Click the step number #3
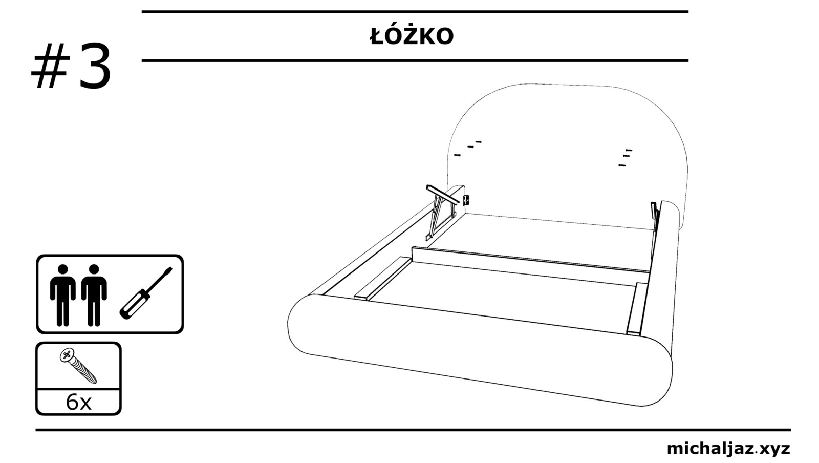click(72, 67)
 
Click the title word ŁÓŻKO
click(412, 36)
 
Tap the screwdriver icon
click(146, 293)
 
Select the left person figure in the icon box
click(62, 295)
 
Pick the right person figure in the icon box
click(94, 295)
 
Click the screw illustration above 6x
click(78, 366)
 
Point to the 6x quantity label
click(78, 403)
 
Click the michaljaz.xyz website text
click(728, 449)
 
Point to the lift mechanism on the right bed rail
click(655, 215)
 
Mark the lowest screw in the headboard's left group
click(457, 155)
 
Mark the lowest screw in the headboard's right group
click(622, 165)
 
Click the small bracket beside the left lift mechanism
click(466, 199)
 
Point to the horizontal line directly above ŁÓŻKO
click(415, 11)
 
